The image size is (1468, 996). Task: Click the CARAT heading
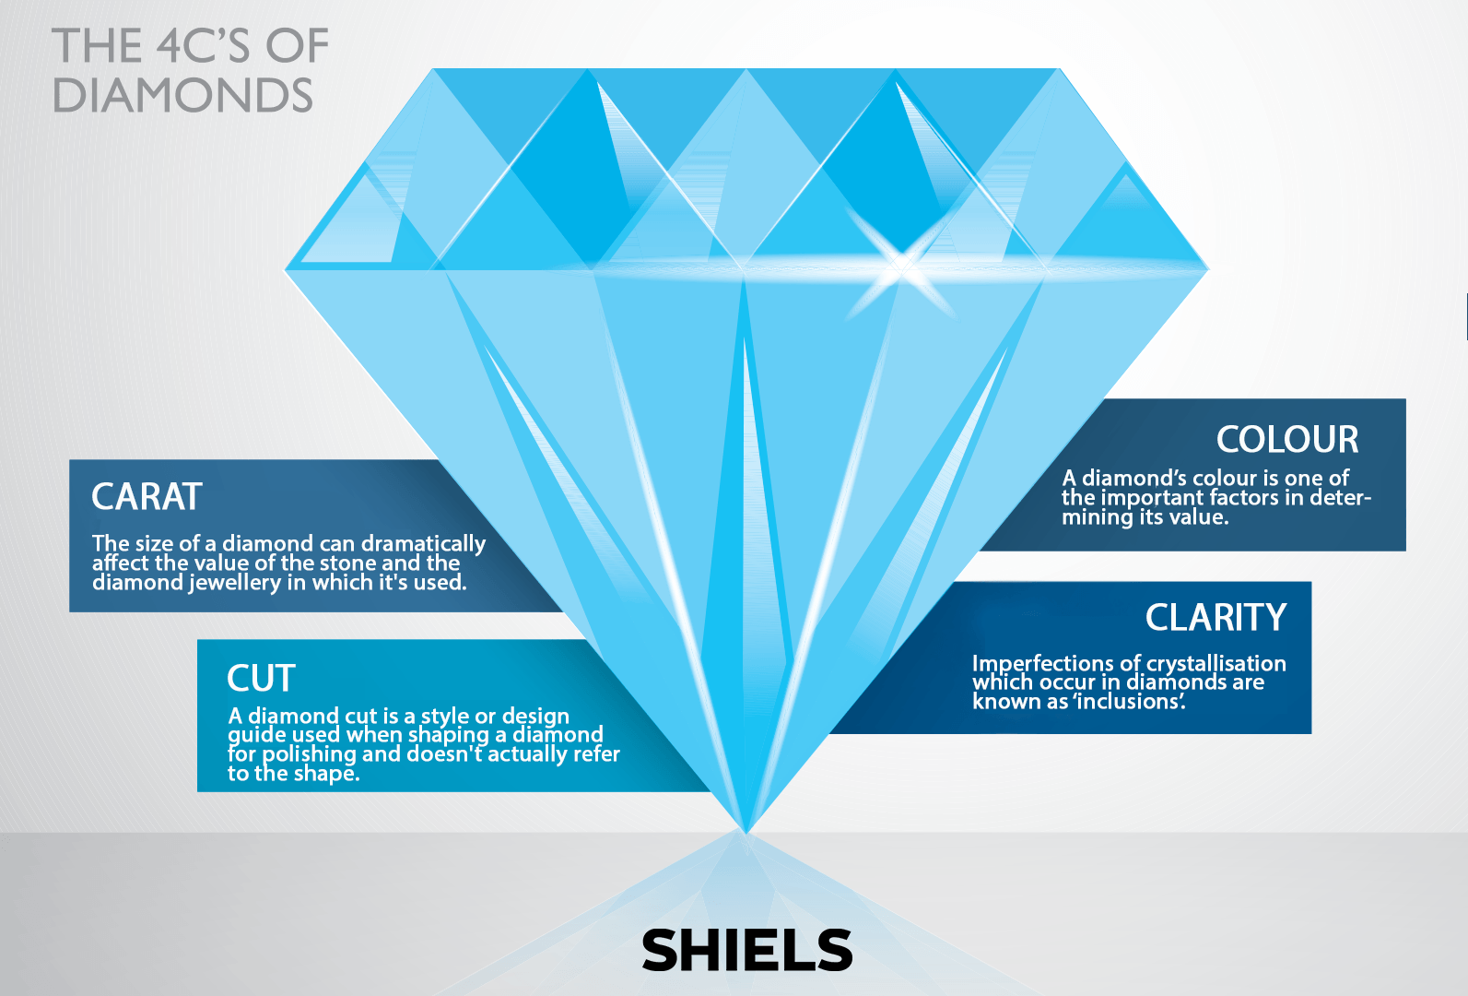tap(147, 496)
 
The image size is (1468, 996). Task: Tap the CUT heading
tap(261, 678)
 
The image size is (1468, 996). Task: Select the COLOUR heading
tap(1287, 439)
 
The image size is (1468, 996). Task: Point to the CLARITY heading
tap(1216, 617)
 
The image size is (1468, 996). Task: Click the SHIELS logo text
tap(747, 950)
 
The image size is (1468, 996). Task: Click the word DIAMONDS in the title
tap(182, 95)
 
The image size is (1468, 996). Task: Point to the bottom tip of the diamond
tap(746, 833)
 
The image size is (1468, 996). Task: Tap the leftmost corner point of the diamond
tap(286, 269)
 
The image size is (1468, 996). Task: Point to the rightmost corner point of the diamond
tap(1208, 268)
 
